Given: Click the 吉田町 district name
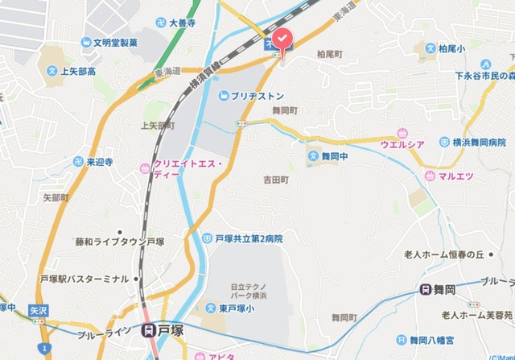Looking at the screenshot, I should [275, 180].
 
